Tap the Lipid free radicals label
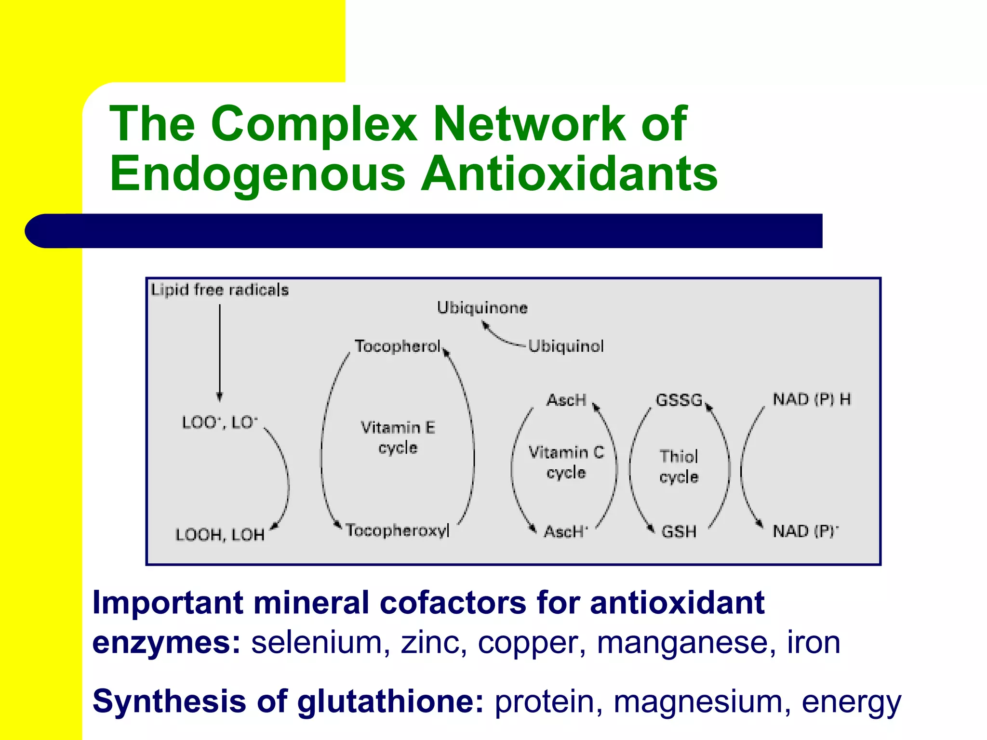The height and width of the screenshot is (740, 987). click(220, 290)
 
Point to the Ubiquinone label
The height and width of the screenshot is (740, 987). click(482, 308)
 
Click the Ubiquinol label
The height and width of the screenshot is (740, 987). click(566, 346)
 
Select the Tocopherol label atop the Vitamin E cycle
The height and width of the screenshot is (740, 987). click(398, 346)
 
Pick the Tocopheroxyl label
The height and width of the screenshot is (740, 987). click(398, 530)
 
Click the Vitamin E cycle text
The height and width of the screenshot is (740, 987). click(398, 437)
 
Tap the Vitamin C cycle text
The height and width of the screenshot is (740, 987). click(566, 462)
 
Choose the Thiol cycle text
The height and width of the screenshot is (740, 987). click(679, 466)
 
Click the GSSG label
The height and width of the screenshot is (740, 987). click(679, 400)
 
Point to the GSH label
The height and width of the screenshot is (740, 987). click(679, 531)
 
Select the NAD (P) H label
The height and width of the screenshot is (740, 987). click(812, 399)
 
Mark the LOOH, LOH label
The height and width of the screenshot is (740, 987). click(220, 535)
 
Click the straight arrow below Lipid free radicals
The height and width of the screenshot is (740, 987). click(220, 352)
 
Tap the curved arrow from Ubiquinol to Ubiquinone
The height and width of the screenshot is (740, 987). click(501, 337)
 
